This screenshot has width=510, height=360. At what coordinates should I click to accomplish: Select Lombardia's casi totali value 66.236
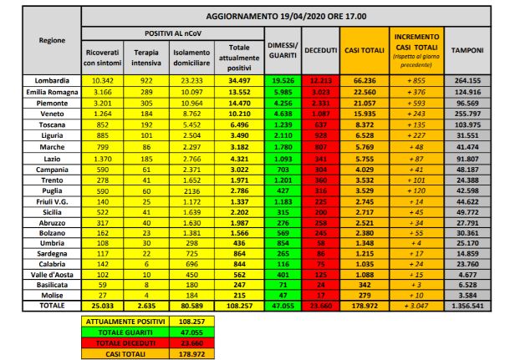coord(363,78)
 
